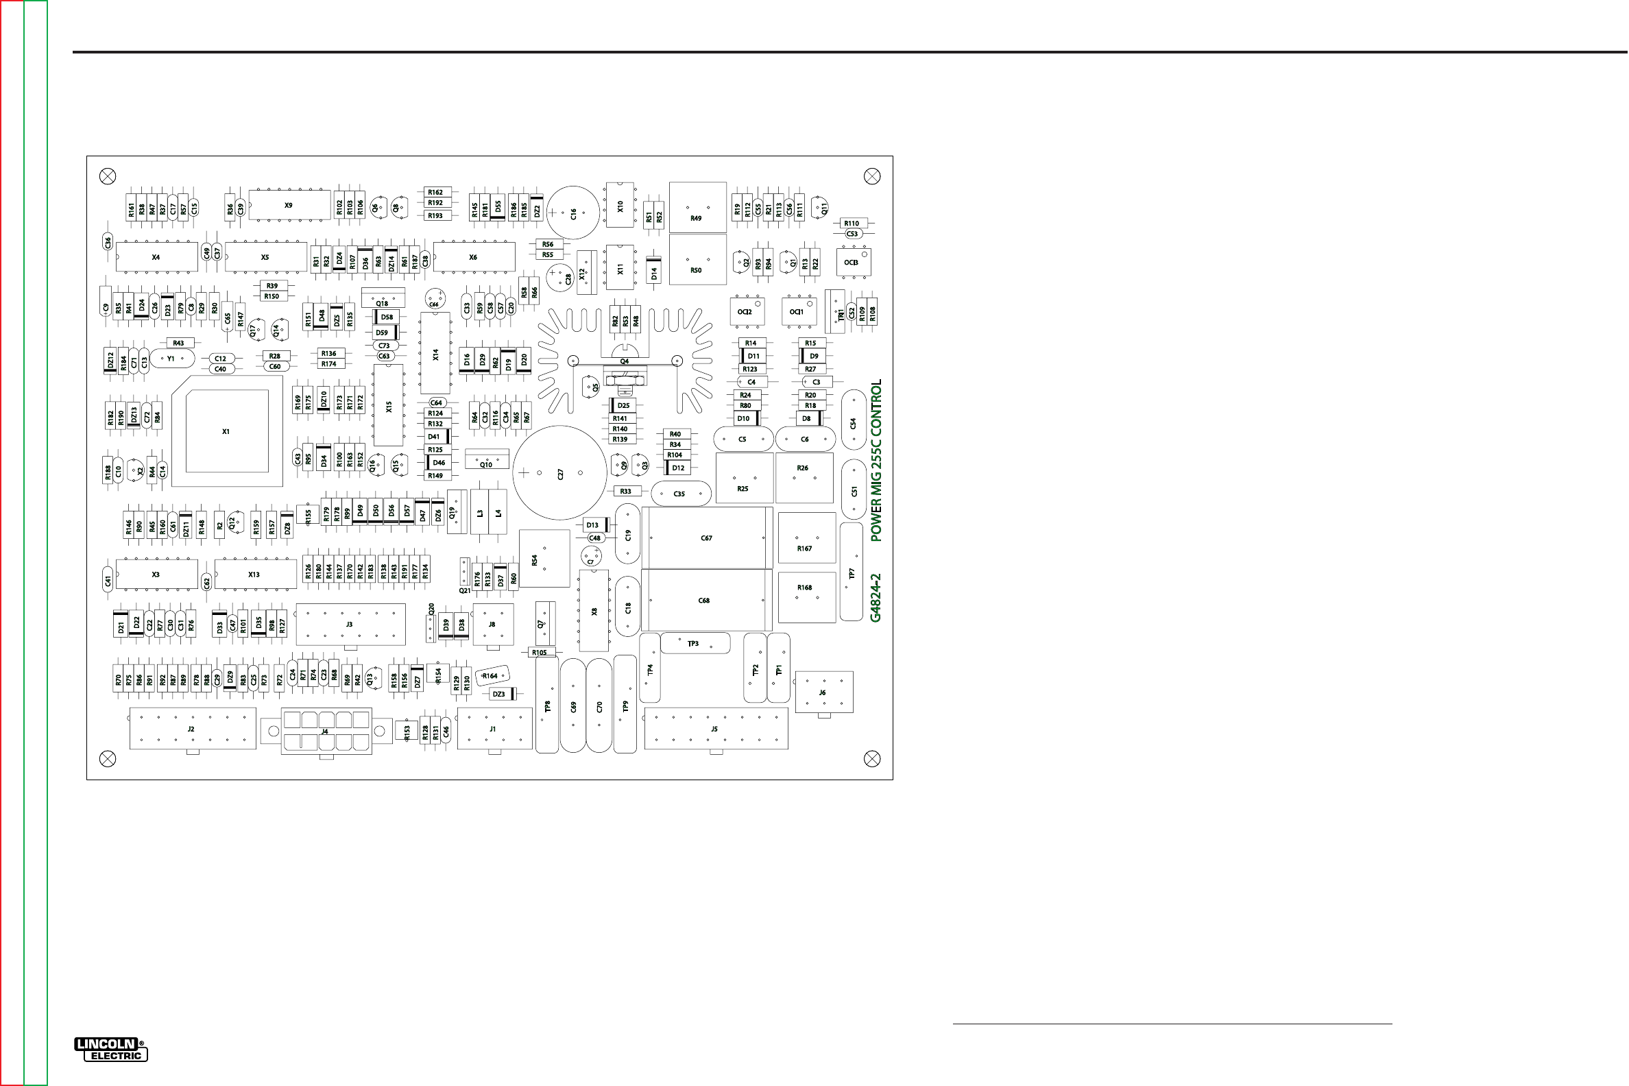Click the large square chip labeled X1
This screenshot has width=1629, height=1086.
(x=226, y=431)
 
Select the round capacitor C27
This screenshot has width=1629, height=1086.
(x=559, y=473)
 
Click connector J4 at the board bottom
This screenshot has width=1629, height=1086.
(x=326, y=730)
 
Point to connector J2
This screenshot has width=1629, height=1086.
(x=192, y=728)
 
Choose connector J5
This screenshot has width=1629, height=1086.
(x=716, y=728)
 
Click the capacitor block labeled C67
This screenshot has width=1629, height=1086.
(x=706, y=538)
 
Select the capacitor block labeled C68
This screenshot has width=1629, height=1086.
(x=705, y=600)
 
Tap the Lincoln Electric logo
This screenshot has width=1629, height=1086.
(x=111, y=1049)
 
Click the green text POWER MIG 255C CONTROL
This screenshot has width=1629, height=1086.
(x=876, y=460)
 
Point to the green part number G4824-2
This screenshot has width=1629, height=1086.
(x=876, y=598)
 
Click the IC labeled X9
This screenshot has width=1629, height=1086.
(x=289, y=205)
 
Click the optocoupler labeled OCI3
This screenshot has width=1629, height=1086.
(x=852, y=263)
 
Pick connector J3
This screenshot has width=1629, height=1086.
(x=350, y=624)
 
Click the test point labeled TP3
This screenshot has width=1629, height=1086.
(x=694, y=643)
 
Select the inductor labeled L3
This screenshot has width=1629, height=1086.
(x=479, y=513)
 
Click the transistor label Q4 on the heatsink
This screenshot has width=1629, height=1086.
(x=625, y=361)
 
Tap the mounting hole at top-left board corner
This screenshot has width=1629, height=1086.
(x=108, y=177)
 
